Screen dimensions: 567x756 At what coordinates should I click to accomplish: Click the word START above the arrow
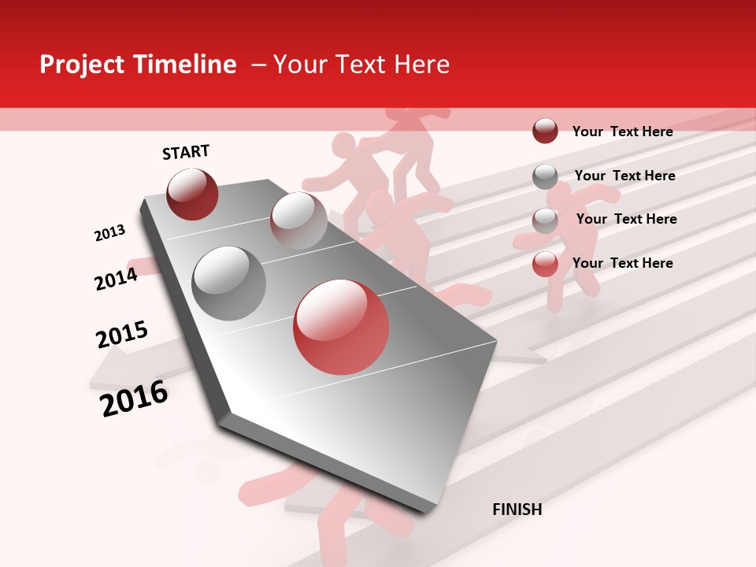[186, 152]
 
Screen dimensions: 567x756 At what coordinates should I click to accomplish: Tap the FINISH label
[517, 510]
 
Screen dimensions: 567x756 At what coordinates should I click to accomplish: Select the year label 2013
[110, 233]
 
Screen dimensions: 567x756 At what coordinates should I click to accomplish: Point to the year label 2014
[116, 279]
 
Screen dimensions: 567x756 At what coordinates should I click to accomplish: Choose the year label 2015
[122, 335]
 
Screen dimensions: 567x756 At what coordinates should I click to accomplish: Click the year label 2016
[134, 398]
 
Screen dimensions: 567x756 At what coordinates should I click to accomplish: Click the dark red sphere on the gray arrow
[192, 194]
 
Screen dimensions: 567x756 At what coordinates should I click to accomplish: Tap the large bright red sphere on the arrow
[341, 327]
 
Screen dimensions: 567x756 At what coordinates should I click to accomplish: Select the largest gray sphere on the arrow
[228, 283]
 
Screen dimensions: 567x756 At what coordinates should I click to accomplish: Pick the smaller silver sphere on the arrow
[298, 220]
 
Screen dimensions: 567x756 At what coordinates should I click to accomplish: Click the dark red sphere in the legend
[545, 131]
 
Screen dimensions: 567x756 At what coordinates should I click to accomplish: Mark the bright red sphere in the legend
[545, 264]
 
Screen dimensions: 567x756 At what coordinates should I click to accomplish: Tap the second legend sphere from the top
[545, 176]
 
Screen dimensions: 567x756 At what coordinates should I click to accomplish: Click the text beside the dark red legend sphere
[622, 132]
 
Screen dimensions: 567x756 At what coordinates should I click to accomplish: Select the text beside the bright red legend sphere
[622, 263]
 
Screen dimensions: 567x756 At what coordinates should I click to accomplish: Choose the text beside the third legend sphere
[626, 219]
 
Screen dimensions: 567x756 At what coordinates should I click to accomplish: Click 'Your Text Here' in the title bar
[361, 65]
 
